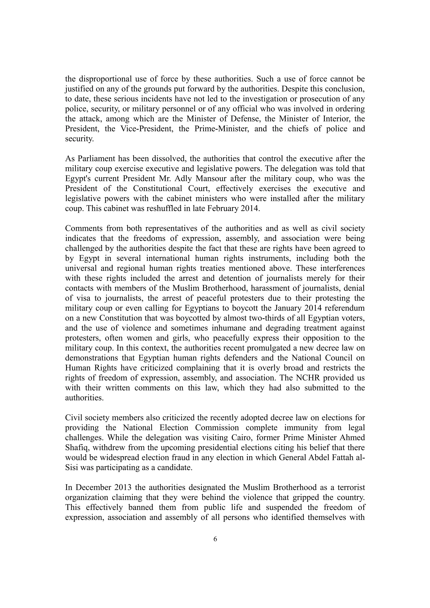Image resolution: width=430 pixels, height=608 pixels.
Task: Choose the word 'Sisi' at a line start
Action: click(71, 468)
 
